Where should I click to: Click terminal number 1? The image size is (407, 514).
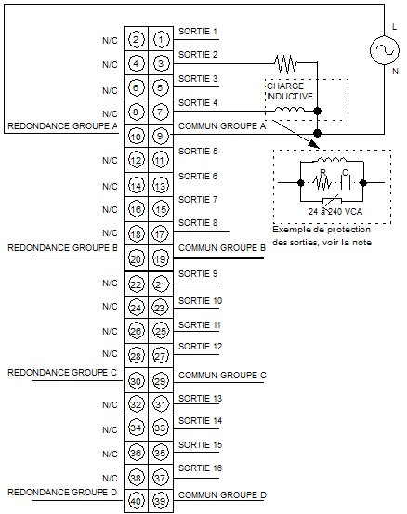[161, 40]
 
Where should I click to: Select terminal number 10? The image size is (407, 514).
[136, 137]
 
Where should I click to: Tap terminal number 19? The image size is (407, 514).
[160, 259]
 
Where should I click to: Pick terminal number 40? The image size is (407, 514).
[136, 501]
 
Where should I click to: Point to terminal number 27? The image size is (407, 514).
[160, 356]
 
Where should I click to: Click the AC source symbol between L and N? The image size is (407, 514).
[385, 50]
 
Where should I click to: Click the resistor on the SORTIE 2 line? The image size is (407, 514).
[286, 63]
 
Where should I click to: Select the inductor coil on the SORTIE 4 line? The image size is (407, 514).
[289, 110]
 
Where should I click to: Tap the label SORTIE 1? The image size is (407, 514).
[198, 32]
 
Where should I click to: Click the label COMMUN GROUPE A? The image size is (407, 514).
[222, 126]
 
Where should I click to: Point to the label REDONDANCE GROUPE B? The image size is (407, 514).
[62, 248]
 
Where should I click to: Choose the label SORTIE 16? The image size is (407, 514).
[200, 468]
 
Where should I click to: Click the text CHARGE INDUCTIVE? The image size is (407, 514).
[290, 91]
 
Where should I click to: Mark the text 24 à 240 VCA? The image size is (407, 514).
[335, 212]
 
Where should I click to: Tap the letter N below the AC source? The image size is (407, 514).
[395, 72]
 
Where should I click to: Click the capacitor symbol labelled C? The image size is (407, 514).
[346, 182]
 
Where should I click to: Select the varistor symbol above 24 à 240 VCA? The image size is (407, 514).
[332, 201]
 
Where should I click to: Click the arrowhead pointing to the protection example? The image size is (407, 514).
[313, 143]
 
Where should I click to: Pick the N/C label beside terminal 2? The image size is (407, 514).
[110, 40]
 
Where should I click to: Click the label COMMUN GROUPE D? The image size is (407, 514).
[222, 495]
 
